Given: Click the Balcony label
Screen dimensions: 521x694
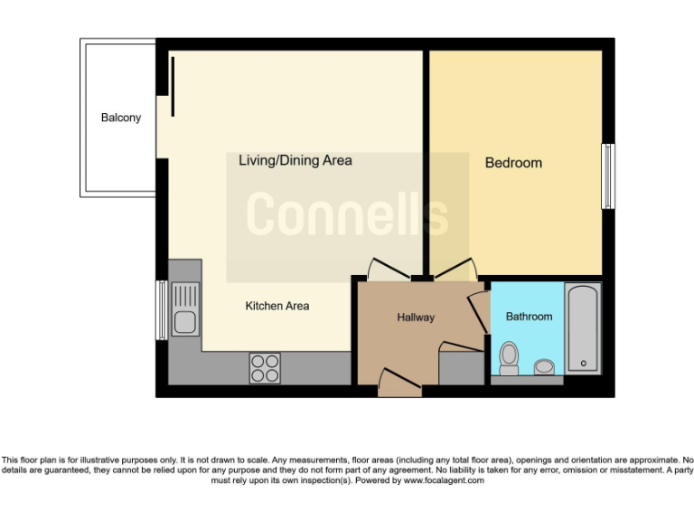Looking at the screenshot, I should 121,118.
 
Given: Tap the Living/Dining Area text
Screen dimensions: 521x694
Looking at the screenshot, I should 295,161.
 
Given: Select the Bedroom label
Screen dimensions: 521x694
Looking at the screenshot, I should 513,163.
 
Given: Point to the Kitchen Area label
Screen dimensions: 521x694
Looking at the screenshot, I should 277,307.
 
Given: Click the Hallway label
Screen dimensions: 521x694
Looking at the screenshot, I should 416,317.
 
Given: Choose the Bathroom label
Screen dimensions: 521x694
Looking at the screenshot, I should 529,317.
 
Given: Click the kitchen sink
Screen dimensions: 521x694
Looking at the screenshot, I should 184,308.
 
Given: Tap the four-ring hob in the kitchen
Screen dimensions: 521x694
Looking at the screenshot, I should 265,368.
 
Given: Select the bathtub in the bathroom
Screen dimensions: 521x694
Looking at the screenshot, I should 582,329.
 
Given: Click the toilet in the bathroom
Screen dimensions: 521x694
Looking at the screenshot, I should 509,357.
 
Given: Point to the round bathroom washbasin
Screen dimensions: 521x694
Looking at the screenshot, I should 543,366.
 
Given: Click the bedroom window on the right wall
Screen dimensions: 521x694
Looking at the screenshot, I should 608,175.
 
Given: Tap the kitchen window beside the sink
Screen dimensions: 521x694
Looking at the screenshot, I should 162,309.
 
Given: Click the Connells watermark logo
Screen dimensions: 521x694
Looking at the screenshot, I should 347,215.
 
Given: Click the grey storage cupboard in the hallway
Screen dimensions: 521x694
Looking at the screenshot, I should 461,366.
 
